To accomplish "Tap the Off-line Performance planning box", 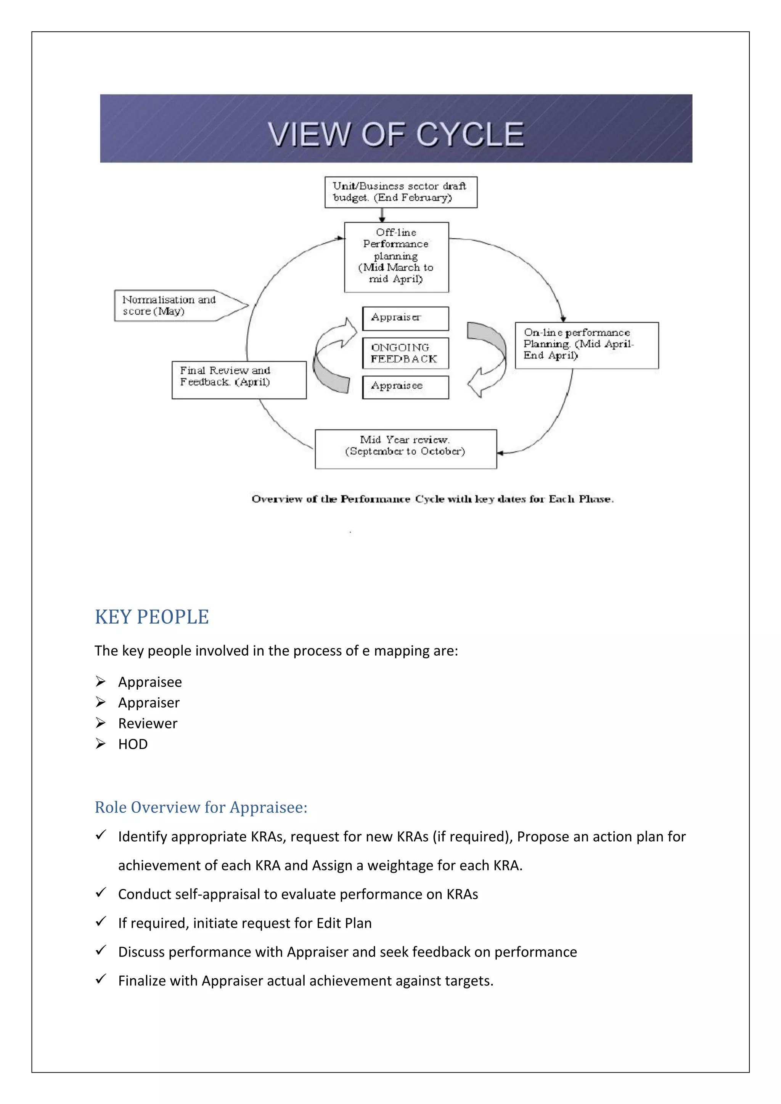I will click(x=396, y=257).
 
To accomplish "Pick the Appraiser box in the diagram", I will click(x=405, y=318).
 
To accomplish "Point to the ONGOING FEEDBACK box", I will click(x=405, y=353).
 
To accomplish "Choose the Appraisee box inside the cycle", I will click(x=405, y=387).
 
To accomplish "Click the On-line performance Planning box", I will click(x=586, y=345).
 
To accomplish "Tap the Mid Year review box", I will click(x=405, y=449).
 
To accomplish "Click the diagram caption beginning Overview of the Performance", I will click(x=432, y=499).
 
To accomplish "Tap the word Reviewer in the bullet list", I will click(x=148, y=723).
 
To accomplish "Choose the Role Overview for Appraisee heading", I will click(x=201, y=807).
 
